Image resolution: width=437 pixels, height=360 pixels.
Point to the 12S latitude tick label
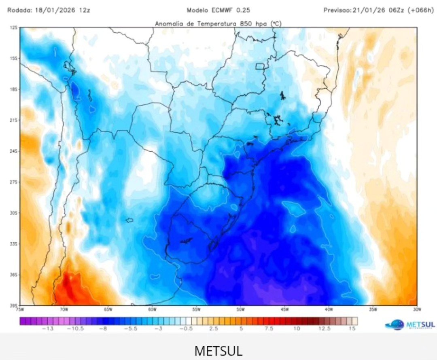click(14, 28)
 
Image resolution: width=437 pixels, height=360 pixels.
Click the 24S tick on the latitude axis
click(14, 151)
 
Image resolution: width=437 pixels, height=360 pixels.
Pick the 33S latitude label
click(14, 244)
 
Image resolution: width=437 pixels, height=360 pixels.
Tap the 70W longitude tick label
click(64, 309)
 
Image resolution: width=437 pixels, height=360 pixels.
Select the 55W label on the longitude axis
click(196, 309)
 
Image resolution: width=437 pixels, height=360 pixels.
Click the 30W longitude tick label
click(417, 309)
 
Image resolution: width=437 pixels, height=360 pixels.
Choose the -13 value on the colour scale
click(48, 329)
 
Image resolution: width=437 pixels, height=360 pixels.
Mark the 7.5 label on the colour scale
click(269, 329)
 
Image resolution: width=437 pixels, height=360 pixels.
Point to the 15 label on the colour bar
click(352, 329)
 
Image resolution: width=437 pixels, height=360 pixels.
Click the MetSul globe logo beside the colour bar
click(395, 324)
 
